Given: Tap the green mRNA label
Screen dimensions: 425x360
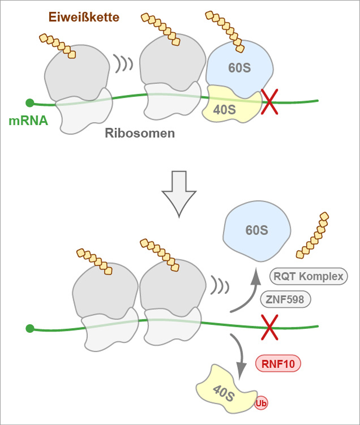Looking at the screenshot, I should [x=28, y=120].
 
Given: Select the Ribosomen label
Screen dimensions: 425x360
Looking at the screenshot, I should [x=140, y=134].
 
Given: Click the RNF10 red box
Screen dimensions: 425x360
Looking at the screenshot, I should [x=278, y=364].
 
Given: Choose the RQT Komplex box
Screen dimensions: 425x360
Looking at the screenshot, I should [x=309, y=277].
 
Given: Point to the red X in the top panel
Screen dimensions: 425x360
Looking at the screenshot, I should [x=269, y=102].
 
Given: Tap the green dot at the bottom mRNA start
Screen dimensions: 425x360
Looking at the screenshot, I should [x=30, y=328].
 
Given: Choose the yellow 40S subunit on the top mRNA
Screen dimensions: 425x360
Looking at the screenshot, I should [x=230, y=107].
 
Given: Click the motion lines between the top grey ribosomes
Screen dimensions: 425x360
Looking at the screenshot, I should [x=123, y=63].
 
